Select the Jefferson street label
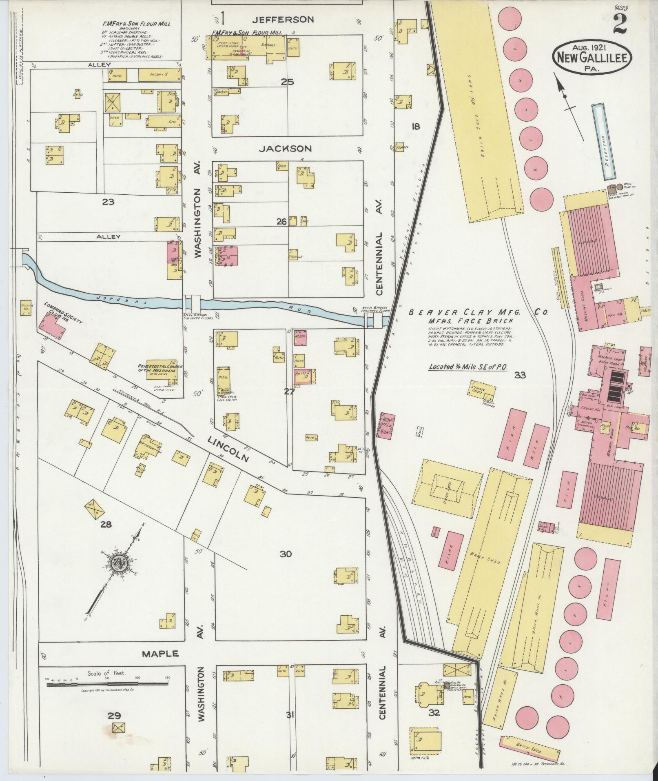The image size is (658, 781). (x=283, y=19)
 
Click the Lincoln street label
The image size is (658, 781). (x=228, y=448)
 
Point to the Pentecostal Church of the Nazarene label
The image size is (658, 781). (x=157, y=363)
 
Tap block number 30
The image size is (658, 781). (x=286, y=554)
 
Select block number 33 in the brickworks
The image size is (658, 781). (x=520, y=375)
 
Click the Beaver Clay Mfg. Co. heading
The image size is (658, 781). (x=477, y=312)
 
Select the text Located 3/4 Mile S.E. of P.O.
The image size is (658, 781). (x=467, y=367)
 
